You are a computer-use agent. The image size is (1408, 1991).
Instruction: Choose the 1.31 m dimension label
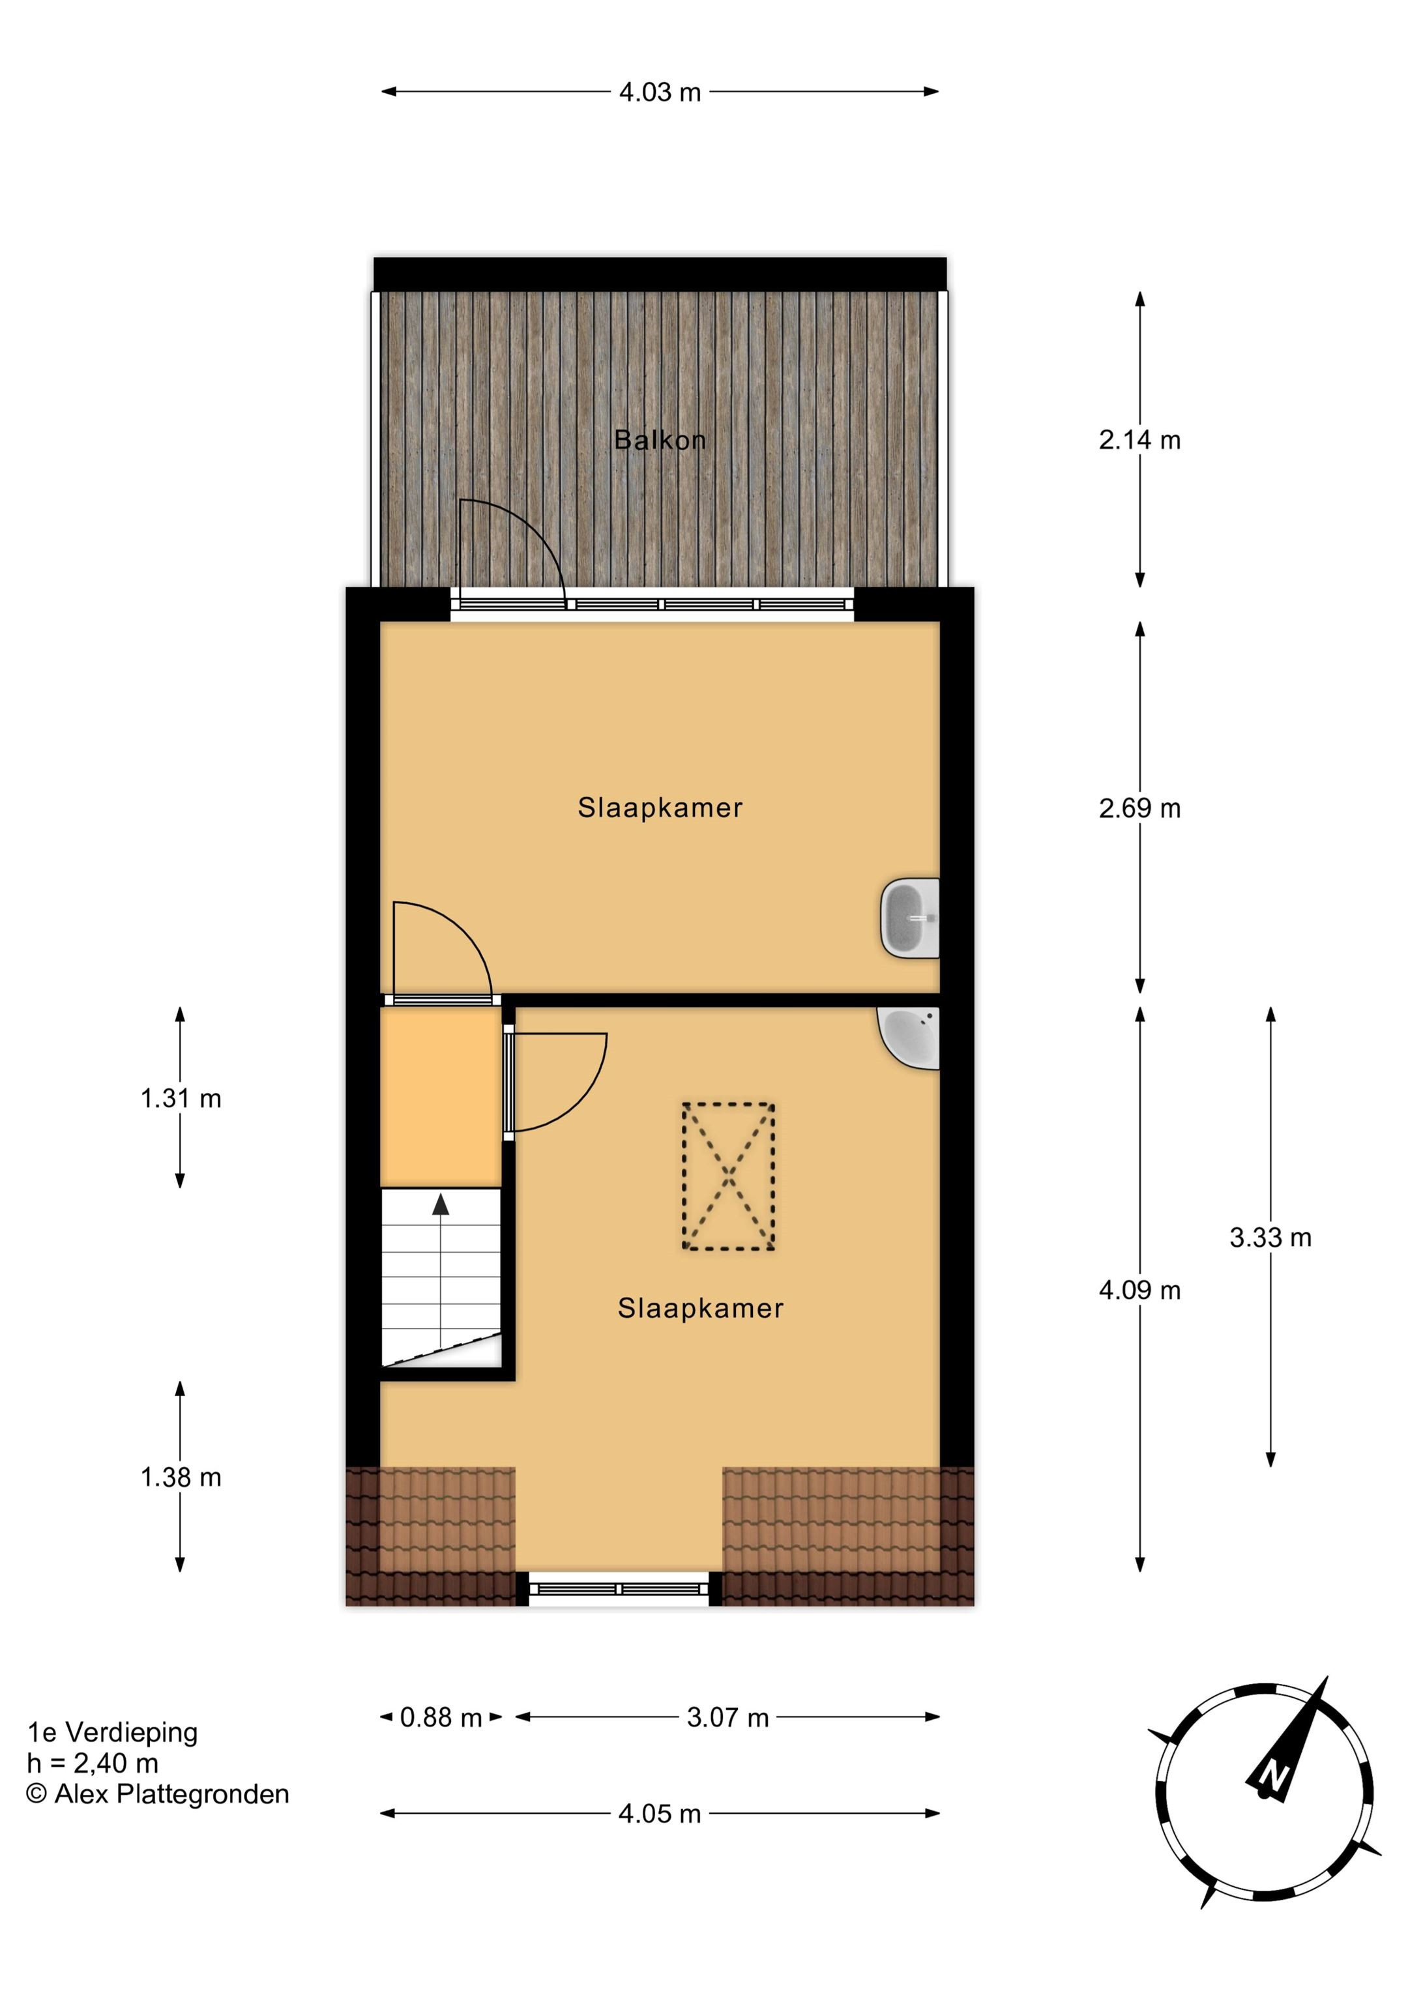(x=181, y=1099)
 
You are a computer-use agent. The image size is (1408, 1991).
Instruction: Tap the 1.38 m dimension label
(x=181, y=1477)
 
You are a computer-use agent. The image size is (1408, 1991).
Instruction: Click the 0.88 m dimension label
(x=441, y=1717)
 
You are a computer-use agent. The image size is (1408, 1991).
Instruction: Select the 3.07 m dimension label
(x=728, y=1717)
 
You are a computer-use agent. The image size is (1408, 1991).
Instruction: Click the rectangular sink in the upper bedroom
(x=910, y=918)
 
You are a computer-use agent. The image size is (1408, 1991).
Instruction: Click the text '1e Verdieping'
(x=113, y=1732)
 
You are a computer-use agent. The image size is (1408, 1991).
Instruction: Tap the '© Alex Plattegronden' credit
(x=158, y=1794)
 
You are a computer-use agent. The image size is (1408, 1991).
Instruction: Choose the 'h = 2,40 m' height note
(x=93, y=1763)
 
